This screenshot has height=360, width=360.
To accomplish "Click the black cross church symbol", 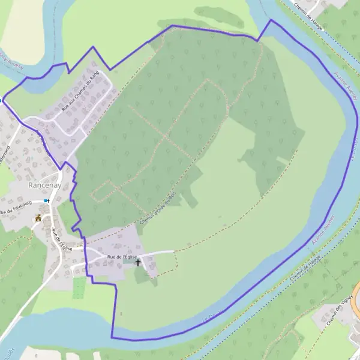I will [138, 262].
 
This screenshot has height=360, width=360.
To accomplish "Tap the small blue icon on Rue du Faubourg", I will [47, 200].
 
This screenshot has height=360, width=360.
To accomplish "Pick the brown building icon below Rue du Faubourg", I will [38, 218].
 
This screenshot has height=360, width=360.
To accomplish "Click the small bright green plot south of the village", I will [79, 287].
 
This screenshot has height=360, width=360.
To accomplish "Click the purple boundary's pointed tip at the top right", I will [271, 20].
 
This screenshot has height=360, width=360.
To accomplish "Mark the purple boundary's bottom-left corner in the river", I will [112, 337].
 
